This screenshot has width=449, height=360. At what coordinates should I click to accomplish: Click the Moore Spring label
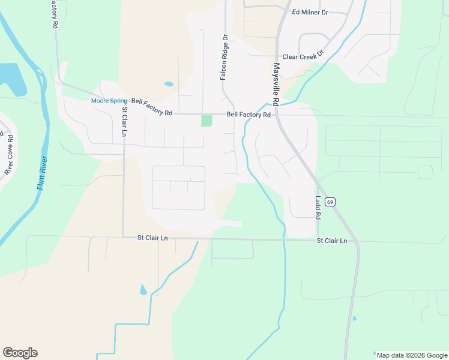coord(109,101)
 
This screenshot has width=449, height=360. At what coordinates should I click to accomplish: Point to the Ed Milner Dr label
coord(310,12)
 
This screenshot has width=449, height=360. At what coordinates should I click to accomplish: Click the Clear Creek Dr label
coord(303,54)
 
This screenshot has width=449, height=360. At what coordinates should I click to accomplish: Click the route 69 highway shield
coord(330,202)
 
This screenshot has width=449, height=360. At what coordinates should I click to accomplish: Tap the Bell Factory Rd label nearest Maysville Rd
coord(249,115)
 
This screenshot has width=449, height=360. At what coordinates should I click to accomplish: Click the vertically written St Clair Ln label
coord(124,122)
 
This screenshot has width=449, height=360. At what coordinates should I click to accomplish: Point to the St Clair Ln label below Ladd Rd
coord(332,241)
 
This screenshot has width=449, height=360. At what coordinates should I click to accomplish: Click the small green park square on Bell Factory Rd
coord(206,121)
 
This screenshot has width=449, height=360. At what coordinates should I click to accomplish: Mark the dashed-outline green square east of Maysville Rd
coord(425,172)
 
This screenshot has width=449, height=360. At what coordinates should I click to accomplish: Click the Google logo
coord(20,353)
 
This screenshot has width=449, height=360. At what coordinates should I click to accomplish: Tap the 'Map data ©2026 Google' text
coord(411,355)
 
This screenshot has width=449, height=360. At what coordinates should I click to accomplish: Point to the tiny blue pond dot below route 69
coord(354,318)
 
